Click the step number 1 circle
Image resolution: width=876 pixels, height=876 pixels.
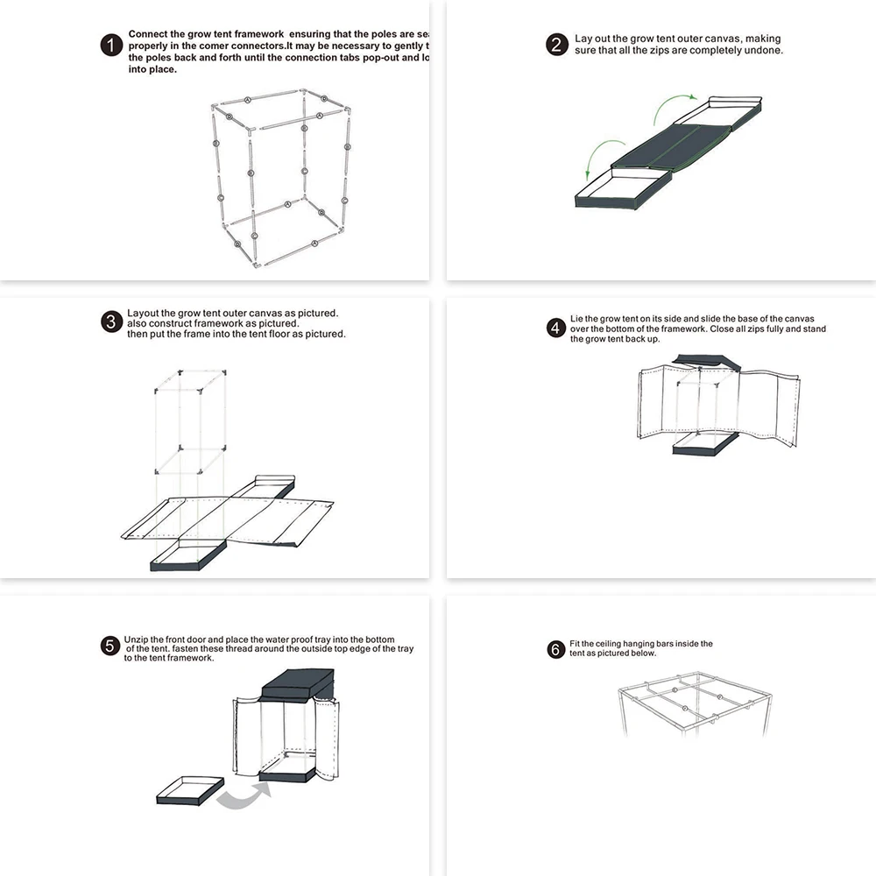[111, 46]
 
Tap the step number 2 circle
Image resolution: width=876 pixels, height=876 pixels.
[557, 45]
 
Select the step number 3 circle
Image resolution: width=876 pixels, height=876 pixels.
[111, 321]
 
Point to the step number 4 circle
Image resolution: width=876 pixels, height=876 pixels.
[555, 328]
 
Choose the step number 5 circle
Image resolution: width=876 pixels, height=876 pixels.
[110, 646]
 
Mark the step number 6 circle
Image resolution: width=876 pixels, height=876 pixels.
[555, 649]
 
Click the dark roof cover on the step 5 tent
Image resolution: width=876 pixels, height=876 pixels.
[298, 682]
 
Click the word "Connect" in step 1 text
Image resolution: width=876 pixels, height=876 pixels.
[149, 34]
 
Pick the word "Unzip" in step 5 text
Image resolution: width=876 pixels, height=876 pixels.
[138, 639]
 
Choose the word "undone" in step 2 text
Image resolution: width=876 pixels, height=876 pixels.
[762, 51]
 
